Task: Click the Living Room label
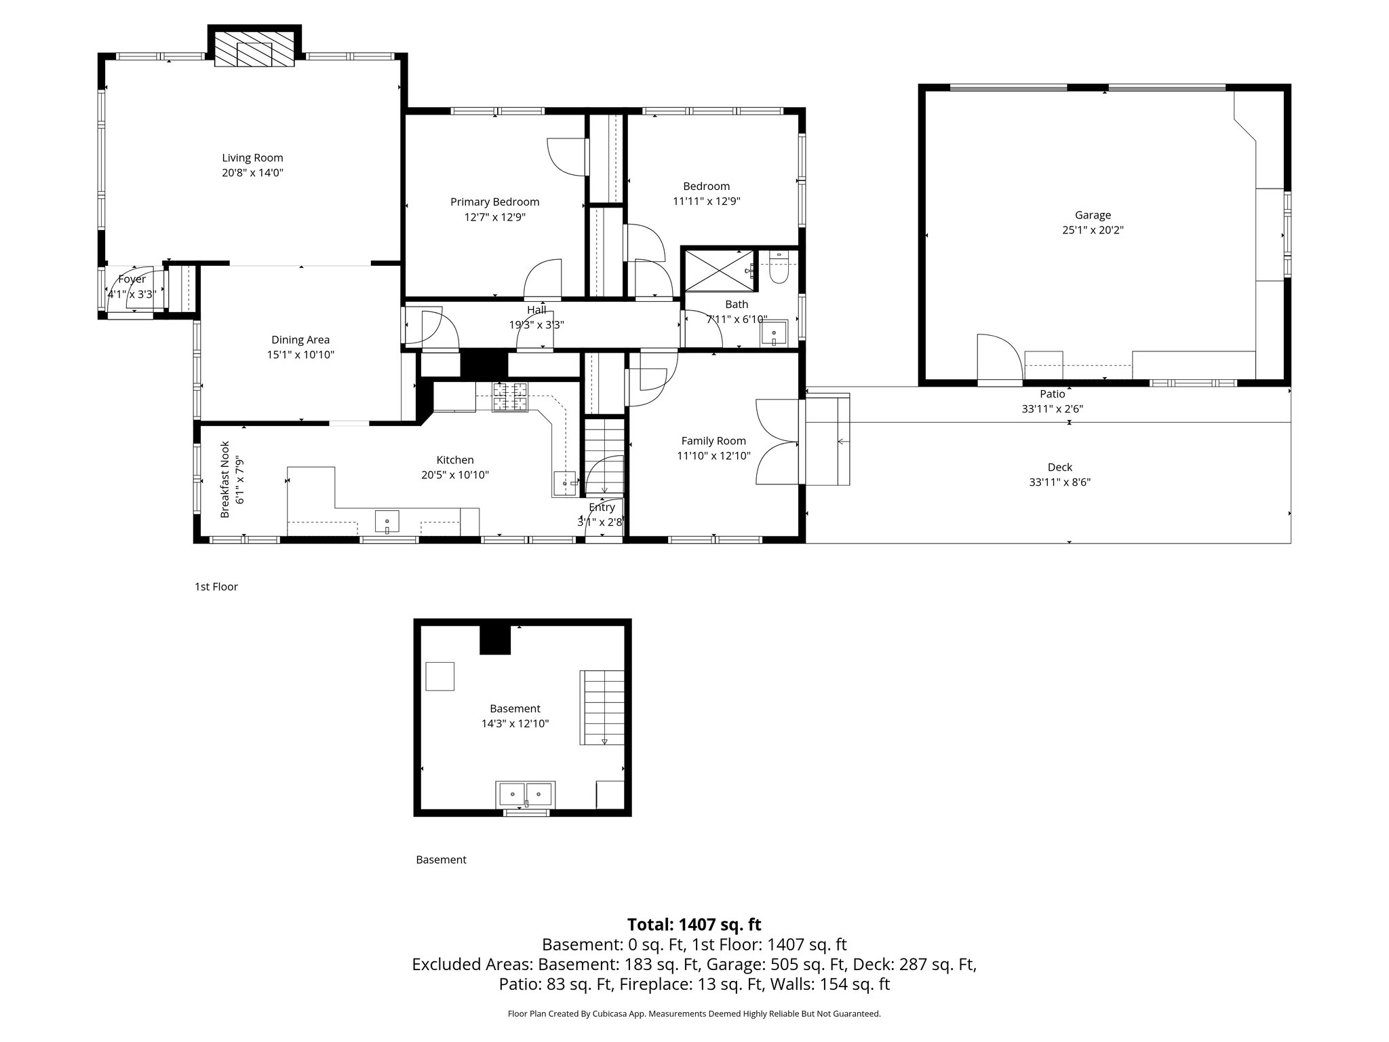(x=252, y=158)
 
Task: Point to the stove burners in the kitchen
(x=510, y=397)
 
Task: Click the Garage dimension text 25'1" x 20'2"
(x=1093, y=230)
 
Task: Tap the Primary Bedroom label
(x=494, y=202)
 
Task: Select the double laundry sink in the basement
(x=526, y=792)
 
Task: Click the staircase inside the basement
(x=602, y=708)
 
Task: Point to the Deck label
(x=1059, y=467)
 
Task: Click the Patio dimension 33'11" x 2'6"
(x=1053, y=409)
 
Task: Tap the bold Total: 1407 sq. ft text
(x=694, y=925)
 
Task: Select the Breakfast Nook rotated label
(x=231, y=480)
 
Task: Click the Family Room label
(x=713, y=441)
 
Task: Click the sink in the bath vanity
(x=773, y=332)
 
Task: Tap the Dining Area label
(x=300, y=340)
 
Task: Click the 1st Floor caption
(x=216, y=587)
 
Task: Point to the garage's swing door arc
(x=1000, y=356)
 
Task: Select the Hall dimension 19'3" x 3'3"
(x=536, y=325)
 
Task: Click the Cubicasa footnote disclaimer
(x=694, y=1014)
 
